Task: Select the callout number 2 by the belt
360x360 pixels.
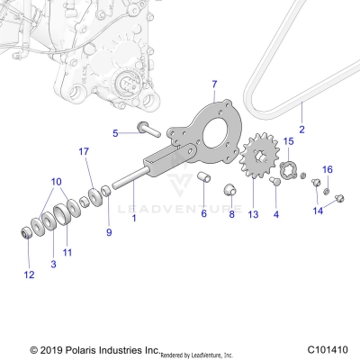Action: pyautogui.click(x=301, y=130)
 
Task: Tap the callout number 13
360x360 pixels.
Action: pyautogui.click(x=253, y=215)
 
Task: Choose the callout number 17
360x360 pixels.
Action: pyautogui.click(x=84, y=150)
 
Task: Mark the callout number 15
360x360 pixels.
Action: pyautogui.click(x=288, y=141)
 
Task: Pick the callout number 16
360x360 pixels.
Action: pyautogui.click(x=328, y=169)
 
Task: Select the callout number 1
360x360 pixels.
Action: pyautogui.click(x=134, y=218)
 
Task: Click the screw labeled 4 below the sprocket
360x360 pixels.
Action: pyautogui.click(x=274, y=182)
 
